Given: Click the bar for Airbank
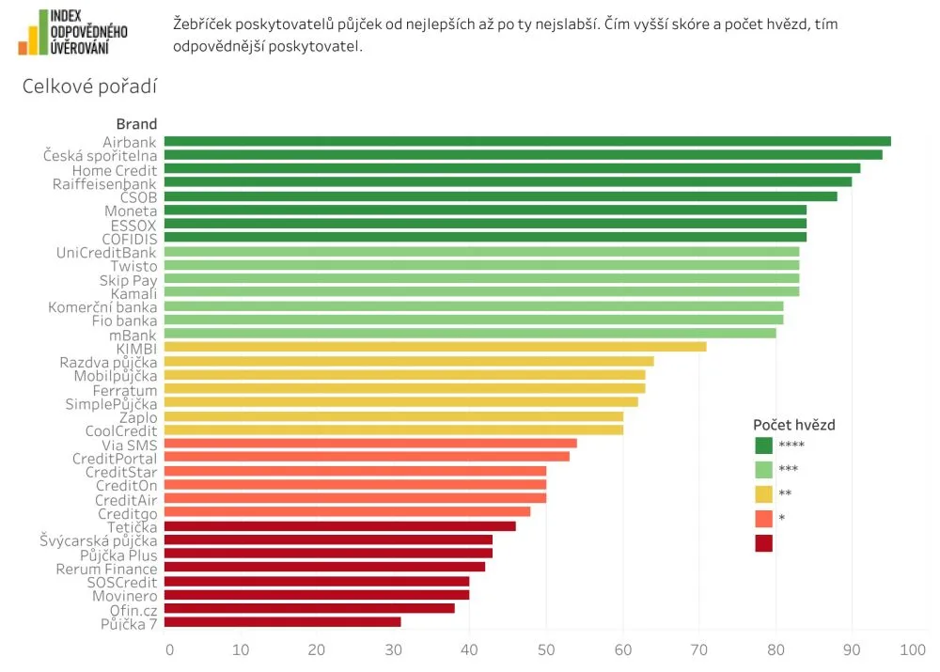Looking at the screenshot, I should (529, 142).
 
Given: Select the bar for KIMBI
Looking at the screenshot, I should (437, 347).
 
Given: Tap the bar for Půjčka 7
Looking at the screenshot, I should (285, 622).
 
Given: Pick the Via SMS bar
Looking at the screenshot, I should (373, 444).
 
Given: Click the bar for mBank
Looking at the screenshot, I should (472, 334).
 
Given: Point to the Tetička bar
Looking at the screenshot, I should (342, 526).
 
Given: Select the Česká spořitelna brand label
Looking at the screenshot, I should (101, 155).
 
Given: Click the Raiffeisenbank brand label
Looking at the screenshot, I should (105, 184).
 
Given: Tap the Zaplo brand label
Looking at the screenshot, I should (138, 417).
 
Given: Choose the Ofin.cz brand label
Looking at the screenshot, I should (133, 609).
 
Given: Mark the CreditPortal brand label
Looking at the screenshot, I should (115, 458).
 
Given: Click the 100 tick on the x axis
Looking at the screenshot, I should (913, 649).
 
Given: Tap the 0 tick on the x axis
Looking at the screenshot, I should (169, 649).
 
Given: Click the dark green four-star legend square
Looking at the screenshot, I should (764, 445).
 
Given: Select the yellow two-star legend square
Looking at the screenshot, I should (764, 494).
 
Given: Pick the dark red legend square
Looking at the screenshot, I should (764, 543).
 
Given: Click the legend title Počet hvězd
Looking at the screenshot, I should (794, 425).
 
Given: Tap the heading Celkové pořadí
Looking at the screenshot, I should (89, 87).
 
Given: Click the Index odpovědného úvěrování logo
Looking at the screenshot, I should (73, 32).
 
